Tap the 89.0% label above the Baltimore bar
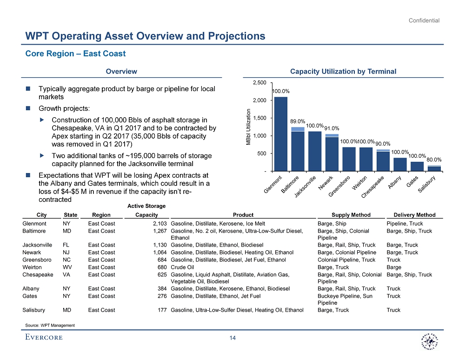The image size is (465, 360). [298, 120]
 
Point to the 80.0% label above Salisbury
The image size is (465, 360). [434, 159]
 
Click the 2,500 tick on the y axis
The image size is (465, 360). [259, 83]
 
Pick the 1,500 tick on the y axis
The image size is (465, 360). [259, 118]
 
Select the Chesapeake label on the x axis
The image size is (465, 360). [373, 188]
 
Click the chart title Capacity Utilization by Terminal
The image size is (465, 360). [343, 72]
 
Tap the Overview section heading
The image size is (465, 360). [121, 72]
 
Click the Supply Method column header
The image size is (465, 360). [351, 215]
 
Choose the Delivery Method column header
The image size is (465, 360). [414, 215]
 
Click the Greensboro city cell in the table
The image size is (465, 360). [37, 260]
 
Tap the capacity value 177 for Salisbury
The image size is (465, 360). [162, 310]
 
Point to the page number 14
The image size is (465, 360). [232, 338]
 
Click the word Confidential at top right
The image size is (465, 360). [424, 20]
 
